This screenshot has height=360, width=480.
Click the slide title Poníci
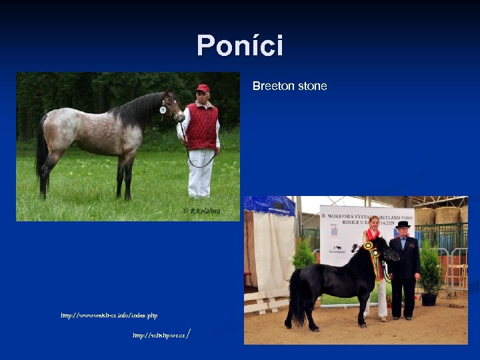point(240,46)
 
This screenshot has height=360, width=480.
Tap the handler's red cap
point(203,88)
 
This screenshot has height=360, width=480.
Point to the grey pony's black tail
point(42,147)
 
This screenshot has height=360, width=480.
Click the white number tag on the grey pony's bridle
point(163,109)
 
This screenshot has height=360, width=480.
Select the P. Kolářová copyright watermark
point(202,211)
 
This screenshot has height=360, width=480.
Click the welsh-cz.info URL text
point(109,315)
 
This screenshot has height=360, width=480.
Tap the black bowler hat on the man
point(403,225)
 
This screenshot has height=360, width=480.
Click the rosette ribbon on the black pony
point(371,249)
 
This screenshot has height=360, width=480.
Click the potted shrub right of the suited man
point(430,270)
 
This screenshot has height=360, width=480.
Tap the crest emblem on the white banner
point(333,230)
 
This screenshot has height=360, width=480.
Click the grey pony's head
point(172,107)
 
